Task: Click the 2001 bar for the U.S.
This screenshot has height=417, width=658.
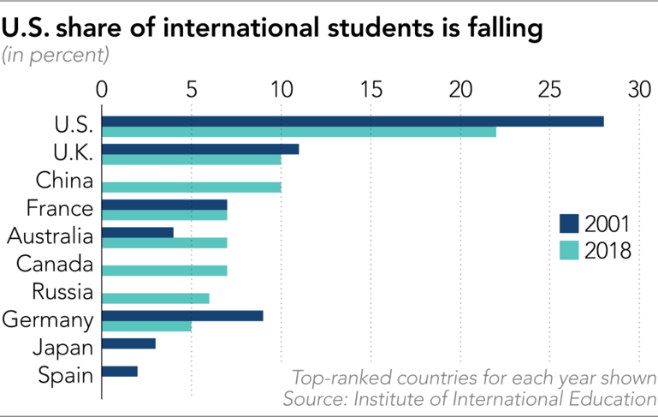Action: pos(353,121)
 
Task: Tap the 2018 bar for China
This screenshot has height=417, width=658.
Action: pos(192,188)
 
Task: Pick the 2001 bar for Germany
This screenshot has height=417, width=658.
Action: pos(182,315)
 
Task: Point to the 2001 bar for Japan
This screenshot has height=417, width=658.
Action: pos(128,343)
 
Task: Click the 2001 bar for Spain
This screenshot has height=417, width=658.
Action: pos(120,372)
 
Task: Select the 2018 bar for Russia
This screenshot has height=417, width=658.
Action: pos(155,298)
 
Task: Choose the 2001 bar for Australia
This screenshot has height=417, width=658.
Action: pos(138,232)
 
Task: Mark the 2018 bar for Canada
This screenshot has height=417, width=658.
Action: pos(164,271)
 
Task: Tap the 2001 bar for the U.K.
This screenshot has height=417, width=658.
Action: pos(200,149)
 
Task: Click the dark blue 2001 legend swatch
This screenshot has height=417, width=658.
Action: pos(569,224)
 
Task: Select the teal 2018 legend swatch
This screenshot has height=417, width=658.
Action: pos(569,251)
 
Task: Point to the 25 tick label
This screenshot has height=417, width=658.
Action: pos(549,90)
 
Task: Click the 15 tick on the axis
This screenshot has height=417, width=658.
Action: pos(370,90)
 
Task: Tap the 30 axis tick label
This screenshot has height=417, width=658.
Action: pos(638,90)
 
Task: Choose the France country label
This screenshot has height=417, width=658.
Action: pos(59,208)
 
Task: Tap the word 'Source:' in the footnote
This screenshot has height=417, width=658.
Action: pos(315,399)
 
